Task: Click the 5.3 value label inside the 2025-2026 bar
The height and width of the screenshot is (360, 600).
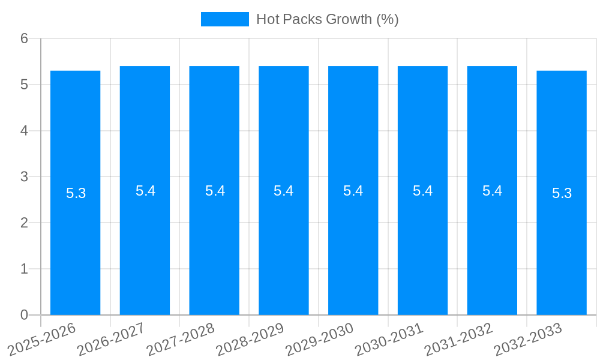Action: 76,193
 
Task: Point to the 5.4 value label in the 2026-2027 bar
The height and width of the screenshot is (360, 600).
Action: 145,191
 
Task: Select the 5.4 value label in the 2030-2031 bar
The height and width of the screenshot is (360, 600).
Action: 422,191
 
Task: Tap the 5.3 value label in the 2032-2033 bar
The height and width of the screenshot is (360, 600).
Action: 562,193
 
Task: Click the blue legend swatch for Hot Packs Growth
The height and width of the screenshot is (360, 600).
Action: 224,19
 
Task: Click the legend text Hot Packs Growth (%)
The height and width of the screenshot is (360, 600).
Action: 327,19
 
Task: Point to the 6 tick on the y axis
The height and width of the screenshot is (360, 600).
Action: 24,38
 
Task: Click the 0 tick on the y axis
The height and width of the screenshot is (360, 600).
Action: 24,315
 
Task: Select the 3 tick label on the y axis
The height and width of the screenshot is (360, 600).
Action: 24,177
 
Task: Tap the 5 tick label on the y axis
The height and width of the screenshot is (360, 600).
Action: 24,85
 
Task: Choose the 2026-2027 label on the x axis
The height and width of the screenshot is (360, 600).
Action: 111,339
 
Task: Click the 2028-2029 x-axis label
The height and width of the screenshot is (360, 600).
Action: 250,339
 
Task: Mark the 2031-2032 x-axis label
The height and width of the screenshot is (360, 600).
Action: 458,339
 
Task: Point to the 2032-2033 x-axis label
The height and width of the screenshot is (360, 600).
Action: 528,339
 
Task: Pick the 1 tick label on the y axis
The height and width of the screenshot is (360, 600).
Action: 24,269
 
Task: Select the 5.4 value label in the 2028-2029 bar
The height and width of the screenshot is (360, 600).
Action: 283,191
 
